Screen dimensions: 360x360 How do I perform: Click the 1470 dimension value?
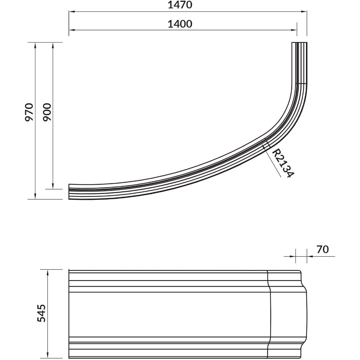[x=180, y=5]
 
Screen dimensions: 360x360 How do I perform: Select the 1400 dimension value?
[x=180, y=24]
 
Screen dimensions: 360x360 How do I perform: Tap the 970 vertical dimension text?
[x=29, y=112]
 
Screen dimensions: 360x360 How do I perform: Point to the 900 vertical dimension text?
[x=47, y=112]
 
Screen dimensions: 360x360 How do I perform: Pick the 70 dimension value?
[x=323, y=249]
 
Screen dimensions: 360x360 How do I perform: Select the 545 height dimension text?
[x=41, y=313]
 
